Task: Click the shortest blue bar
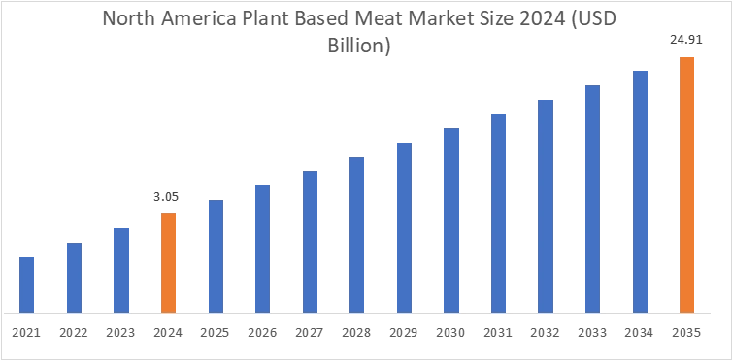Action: click(27, 285)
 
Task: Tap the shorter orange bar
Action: click(167, 262)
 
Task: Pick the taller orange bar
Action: click(686, 184)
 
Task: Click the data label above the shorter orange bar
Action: click(163, 195)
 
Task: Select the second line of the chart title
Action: click(365, 44)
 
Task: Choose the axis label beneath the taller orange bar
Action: click(686, 334)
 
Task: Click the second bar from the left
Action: click(74, 278)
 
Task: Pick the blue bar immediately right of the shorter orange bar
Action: click(214, 254)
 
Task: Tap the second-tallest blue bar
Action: click(593, 200)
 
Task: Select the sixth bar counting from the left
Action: click(260, 246)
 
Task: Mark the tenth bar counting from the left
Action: click(452, 219)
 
